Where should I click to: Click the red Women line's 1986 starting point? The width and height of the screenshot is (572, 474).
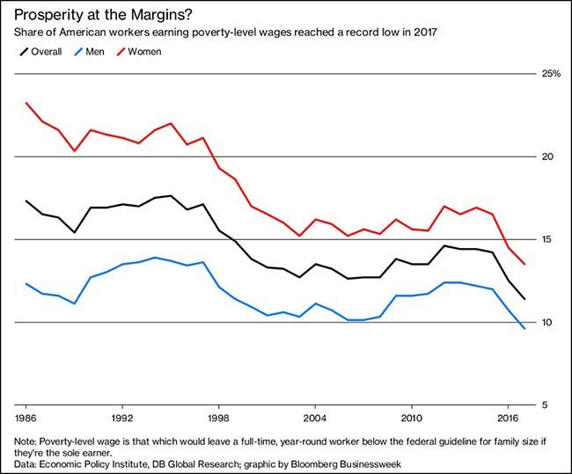click(26, 103)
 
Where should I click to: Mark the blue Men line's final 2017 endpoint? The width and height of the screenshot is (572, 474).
click(524, 329)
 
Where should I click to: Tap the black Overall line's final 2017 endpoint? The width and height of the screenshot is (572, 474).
click(524, 299)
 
